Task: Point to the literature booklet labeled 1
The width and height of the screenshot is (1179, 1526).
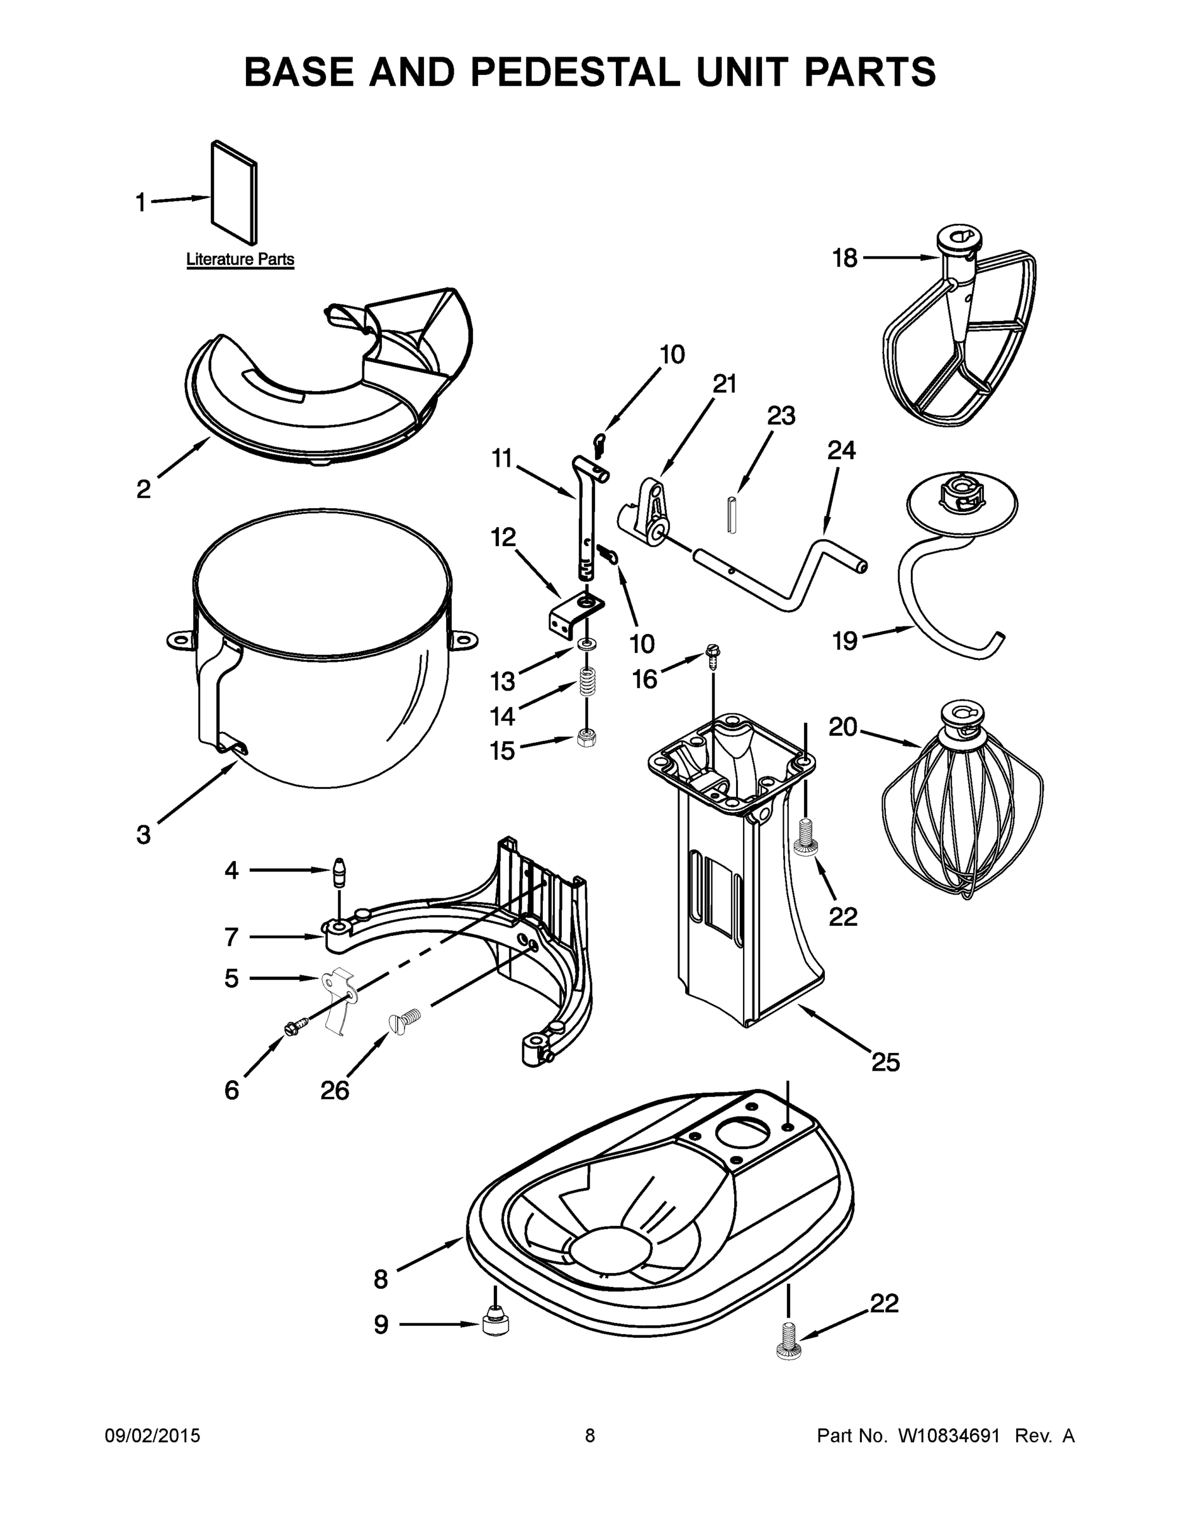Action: pyautogui.click(x=234, y=194)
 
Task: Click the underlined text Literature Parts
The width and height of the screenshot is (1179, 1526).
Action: pyautogui.click(x=240, y=260)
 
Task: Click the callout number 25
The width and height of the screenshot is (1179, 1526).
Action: pyautogui.click(x=885, y=1062)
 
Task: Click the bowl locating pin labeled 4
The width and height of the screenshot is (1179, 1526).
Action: pyautogui.click(x=339, y=870)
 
